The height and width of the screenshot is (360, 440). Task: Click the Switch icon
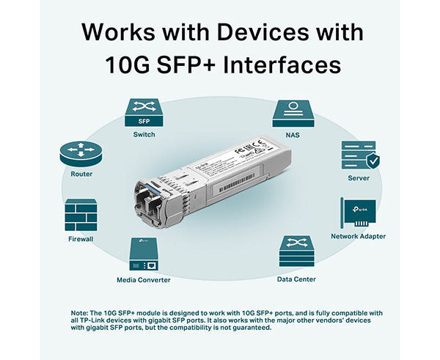144,113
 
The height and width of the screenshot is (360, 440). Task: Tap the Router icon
81,153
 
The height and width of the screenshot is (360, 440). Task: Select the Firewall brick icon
81,214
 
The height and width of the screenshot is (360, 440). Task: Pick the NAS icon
293,113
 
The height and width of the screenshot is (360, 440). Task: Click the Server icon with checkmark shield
359,155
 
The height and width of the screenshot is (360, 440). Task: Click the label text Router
81,175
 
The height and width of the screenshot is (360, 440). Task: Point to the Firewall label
81,239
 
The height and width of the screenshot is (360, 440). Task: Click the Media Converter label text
144,280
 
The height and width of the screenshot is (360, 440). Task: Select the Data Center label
296,279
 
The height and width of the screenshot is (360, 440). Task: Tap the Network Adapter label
358,236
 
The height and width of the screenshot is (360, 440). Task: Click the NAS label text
293,135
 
